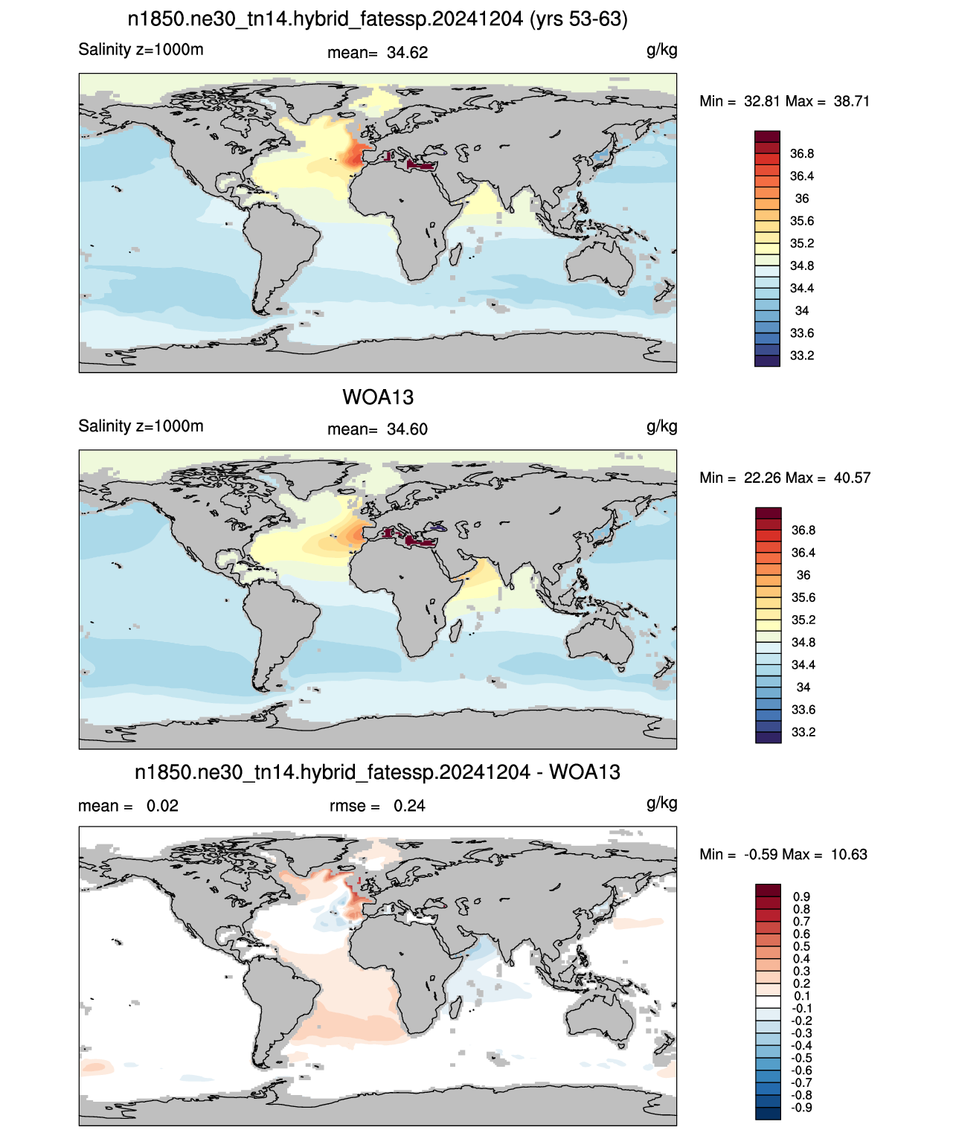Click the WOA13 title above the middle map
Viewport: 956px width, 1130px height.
(378, 397)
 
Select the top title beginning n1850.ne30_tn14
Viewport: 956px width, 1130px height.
(378, 19)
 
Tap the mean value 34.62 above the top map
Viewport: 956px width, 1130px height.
(407, 53)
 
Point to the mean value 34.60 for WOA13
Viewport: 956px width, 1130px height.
(407, 429)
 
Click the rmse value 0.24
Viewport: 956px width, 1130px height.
(409, 806)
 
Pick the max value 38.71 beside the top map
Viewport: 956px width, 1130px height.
(852, 101)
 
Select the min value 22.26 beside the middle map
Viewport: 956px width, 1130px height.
(762, 478)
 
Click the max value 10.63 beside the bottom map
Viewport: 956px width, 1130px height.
(849, 855)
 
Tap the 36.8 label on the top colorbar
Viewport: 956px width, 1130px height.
(802, 154)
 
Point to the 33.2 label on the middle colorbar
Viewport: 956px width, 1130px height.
(803, 732)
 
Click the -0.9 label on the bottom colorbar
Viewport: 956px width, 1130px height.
(802, 1108)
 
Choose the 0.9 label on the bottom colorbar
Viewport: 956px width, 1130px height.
(802, 896)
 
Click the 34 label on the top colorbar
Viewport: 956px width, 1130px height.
(802, 310)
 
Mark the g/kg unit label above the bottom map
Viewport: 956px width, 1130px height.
(662, 803)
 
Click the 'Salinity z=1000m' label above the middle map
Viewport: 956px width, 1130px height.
(141, 426)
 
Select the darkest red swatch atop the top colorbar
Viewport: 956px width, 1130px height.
(767, 137)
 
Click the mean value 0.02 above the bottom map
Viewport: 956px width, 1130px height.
(162, 806)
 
